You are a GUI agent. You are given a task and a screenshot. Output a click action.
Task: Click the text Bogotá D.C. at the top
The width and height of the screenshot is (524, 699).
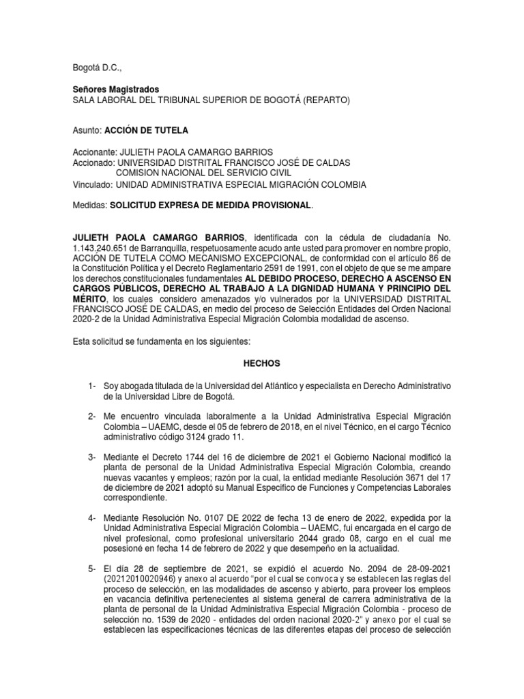pyautogui.click(x=95, y=69)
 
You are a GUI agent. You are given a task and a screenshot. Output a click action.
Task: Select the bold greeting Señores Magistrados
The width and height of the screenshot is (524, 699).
pyautogui.click(x=116, y=89)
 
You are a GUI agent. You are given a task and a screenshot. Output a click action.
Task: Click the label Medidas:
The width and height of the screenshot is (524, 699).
pyautogui.click(x=89, y=205)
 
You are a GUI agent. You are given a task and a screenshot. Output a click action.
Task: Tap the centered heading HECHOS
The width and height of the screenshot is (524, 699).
pyautogui.click(x=262, y=365)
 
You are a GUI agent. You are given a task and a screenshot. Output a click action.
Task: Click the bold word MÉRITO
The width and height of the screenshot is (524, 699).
pyautogui.click(x=90, y=301)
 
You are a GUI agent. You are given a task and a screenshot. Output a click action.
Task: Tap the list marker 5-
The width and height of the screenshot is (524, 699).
pyautogui.click(x=93, y=568)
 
